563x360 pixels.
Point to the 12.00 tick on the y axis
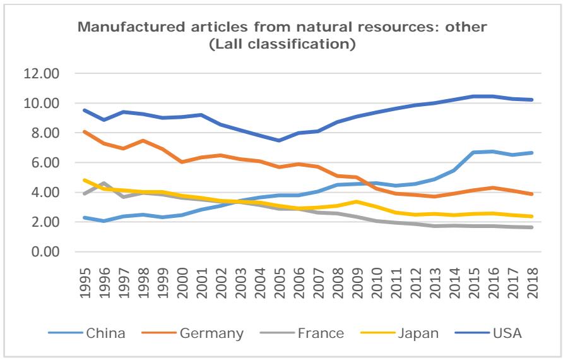[40, 74]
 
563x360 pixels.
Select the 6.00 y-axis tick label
[44, 163]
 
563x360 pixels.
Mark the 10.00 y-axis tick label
[40, 104]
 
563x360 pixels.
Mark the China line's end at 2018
[532, 153]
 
